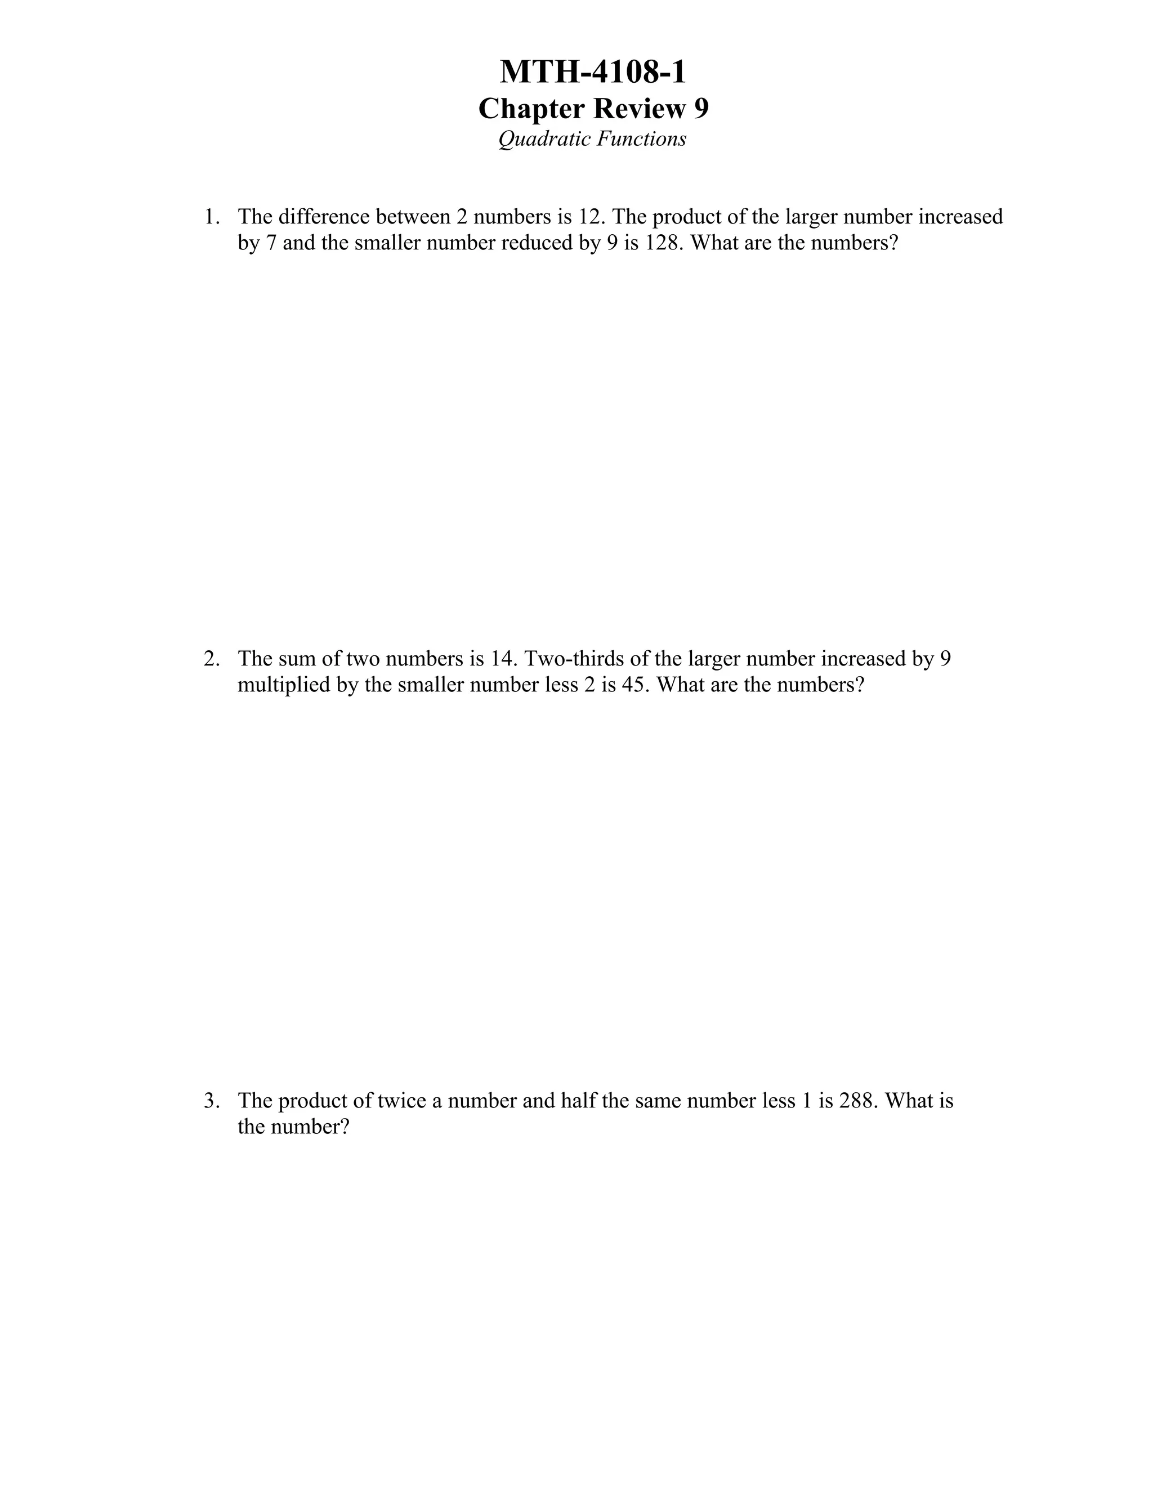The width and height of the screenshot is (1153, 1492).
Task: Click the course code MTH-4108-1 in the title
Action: (x=592, y=73)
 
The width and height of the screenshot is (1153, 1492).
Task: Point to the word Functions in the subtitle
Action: (x=642, y=140)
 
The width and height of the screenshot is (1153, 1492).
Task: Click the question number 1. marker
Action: (x=212, y=217)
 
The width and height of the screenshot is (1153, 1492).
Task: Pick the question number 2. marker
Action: (x=212, y=659)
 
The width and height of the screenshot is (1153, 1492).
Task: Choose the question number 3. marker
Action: (x=212, y=1101)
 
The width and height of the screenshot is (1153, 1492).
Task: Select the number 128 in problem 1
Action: (x=663, y=243)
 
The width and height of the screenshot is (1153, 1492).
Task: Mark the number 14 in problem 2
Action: (x=500, y=659)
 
